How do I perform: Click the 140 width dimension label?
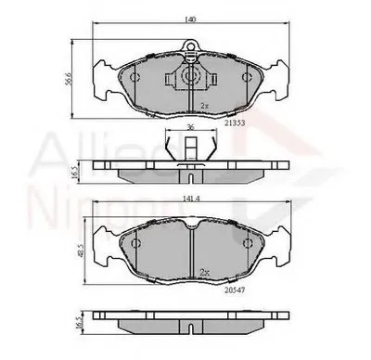point(189,19)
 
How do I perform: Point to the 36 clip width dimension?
point(189,129)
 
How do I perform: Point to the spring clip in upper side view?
point(189,148)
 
